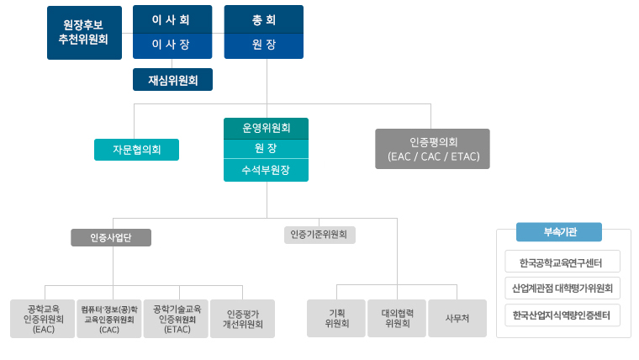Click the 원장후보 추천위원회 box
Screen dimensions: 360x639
pos(84,32)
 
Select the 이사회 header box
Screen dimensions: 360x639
pos(172,19)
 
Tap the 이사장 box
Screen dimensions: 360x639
pos(172,45)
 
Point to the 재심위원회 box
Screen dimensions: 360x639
pos(172,80)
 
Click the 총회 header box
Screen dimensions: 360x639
pos(264,19)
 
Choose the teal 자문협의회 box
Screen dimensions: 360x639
pos(136,150)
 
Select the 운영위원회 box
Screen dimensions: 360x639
pos(266,128)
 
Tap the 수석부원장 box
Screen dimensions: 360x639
pos(266,171)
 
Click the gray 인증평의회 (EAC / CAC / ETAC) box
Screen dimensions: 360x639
pos(432,149)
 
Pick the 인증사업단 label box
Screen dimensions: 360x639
pos(111,237)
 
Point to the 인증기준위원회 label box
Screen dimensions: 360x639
pos(319,235)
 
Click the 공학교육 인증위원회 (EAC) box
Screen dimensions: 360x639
pos(42,319)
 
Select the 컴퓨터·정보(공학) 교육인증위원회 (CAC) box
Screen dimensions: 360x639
pos(108,319)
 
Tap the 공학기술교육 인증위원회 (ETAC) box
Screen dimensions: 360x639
pos(176,319)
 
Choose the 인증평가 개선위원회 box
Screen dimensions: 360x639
pos(242,319)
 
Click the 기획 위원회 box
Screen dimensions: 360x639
pos(336,319)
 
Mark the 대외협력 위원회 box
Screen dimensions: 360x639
pos(397,319)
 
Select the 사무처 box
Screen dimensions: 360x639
pos(457,319)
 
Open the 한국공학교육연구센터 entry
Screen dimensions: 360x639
pos(562,262)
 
